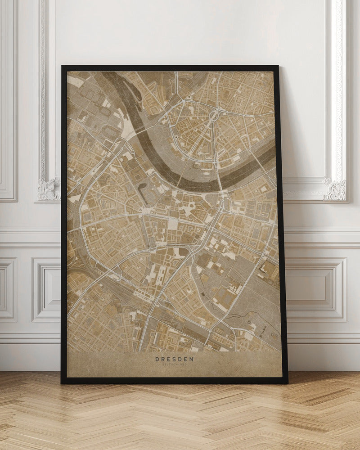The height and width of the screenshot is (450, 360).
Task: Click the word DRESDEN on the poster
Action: coord(174,359)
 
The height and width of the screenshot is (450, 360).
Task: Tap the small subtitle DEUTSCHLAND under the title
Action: coord(174,364)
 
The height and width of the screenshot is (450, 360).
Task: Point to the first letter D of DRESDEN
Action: coord(157,359)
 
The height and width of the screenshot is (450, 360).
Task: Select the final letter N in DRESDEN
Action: coord(192,359)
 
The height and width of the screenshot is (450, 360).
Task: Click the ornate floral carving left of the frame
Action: coord(48,189)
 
